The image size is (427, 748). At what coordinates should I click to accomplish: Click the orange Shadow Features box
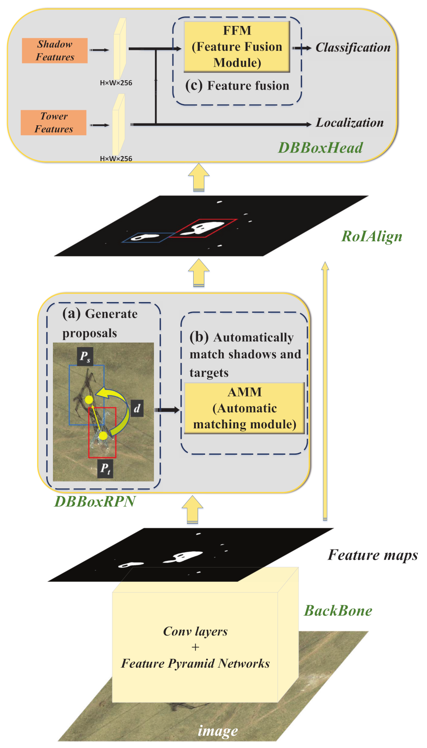point(55,50)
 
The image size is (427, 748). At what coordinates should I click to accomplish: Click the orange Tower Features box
point(53,123)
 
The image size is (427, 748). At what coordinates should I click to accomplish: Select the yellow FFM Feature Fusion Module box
point(237,47)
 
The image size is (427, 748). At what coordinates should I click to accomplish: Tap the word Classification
point(353,48)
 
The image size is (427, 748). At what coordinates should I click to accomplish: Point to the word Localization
point(349,123)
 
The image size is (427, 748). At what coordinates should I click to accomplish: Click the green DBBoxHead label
point(320,148)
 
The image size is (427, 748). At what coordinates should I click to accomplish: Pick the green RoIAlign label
point(371,236)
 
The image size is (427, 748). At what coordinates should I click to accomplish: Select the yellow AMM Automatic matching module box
point(244,408)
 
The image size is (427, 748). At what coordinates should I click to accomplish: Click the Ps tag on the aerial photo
point(85,356)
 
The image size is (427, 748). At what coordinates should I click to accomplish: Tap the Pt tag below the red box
point(105,468)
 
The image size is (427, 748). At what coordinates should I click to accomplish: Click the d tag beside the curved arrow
point(137,408)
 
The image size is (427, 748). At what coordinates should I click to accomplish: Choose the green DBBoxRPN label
point(95,501)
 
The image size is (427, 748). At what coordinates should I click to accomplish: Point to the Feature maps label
point(373,555)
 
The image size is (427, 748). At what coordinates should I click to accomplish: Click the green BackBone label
point(338,611)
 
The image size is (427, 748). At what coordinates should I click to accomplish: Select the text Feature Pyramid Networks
point(195,663)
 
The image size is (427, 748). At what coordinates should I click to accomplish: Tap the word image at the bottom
point(218,731)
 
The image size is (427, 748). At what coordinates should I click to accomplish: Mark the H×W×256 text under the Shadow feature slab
point(116,83)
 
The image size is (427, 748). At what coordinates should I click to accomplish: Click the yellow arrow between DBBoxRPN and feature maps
point(193,510)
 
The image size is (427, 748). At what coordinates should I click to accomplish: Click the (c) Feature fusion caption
point(237,86)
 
